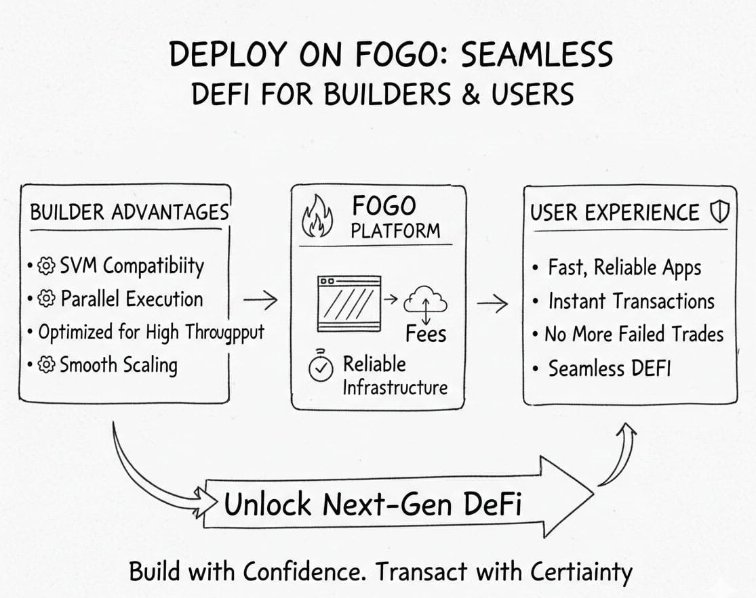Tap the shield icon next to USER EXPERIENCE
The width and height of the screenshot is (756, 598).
pos(718,213)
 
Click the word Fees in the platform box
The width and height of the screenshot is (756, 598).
pos(426,333)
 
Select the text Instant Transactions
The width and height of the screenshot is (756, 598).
pos(631,301)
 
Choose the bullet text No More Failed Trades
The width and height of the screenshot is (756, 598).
pos(634,334)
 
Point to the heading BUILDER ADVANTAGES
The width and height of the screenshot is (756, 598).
pos(129,212)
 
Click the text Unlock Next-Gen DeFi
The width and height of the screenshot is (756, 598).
pos(373,505)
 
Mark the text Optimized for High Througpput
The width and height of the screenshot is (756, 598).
pos(151,333)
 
